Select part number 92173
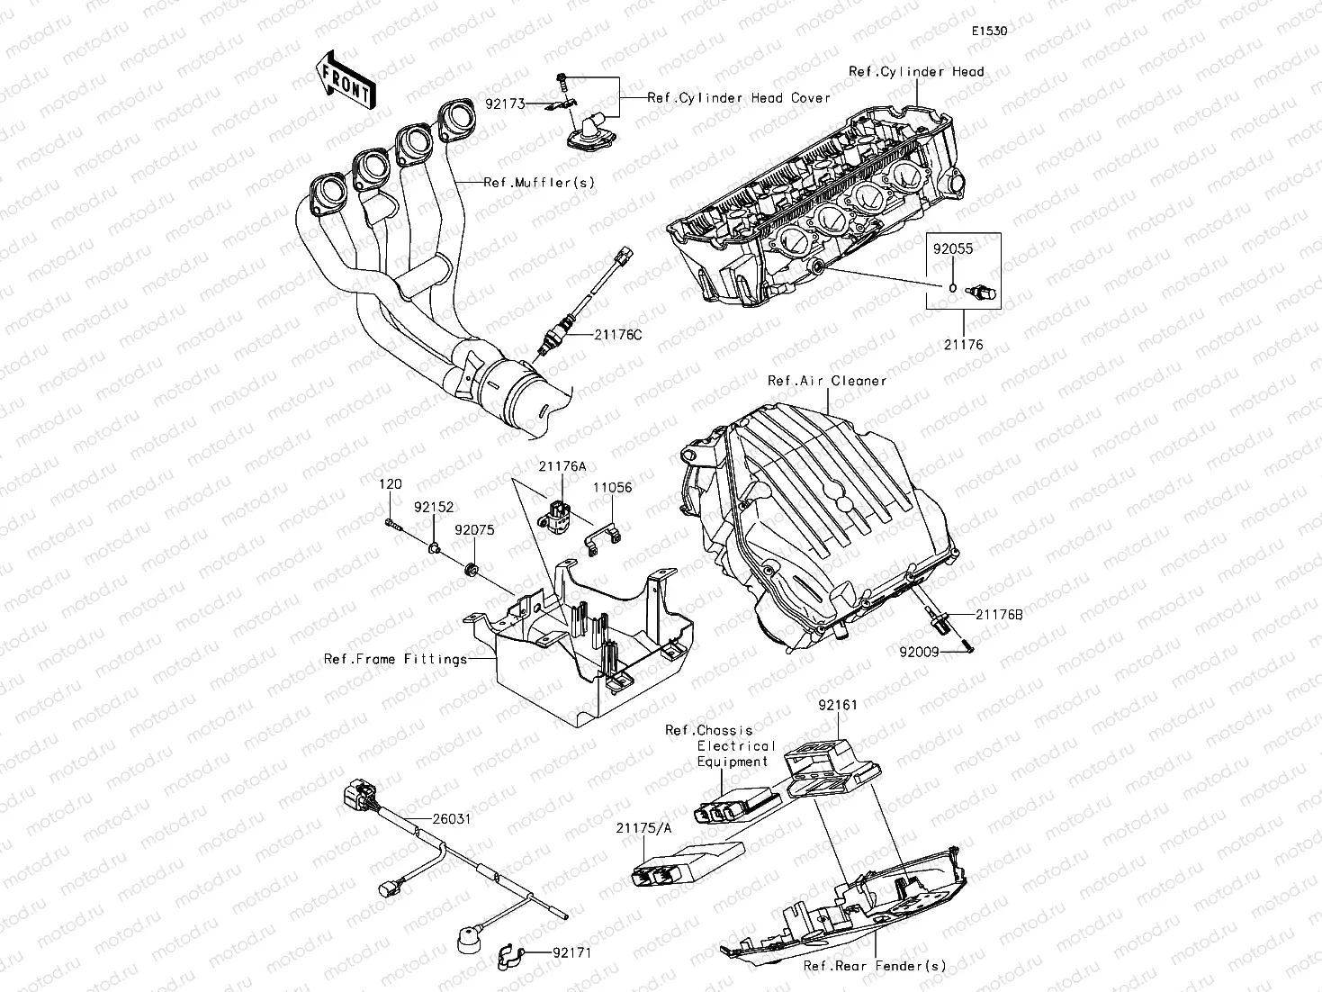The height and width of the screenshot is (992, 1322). pyautogui.click(x=505, y=104)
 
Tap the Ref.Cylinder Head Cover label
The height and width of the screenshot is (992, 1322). pyautogui.click(x=739, y=98)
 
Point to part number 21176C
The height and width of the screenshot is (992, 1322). pyautogui.click(x=617, y=335)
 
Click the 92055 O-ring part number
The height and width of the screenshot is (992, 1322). pyautogui.click(x=952, y=249)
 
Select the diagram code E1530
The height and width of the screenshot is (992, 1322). pyautogui.click(x=988, y=31)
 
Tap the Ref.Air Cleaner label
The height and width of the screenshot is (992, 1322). pyautogui.click(x=826, y=381)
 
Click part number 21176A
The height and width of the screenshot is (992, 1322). pyautogui.click(x=562, y=466)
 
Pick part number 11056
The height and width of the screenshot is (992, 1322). pyautogui.click(x=612, y=488)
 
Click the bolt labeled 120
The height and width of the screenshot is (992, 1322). pyautogui.click(x=390, y=485)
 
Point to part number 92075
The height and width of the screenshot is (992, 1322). pyautogui.click(x=474, y=531)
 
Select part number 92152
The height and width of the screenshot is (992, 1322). pyautogui.click(x=434, y=508)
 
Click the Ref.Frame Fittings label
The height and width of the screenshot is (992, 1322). pyautogui.click(x=395, y=660)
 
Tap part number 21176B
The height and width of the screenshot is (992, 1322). pyautogui.click(x=999, y=615)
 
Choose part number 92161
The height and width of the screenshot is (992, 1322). pyautogui.click(x=837, y=706)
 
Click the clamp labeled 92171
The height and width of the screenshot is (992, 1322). pyautogui.click(x=572, y=952)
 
